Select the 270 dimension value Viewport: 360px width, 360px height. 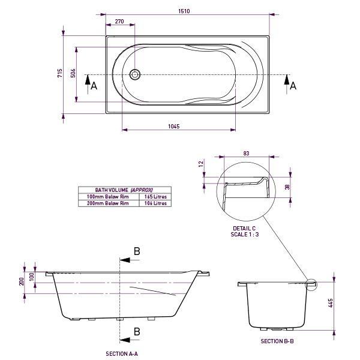(x=119, y=22)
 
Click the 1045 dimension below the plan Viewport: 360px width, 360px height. (x=174, y=127)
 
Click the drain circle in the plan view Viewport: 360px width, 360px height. (x=134, y=74)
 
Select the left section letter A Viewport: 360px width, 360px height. (x=94, y=86)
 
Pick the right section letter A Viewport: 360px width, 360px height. (x=293, y=86)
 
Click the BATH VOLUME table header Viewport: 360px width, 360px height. (x=124, y=190)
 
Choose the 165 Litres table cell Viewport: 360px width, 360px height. (x=155, y=196)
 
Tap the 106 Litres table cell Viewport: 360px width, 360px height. (x=155, y=203)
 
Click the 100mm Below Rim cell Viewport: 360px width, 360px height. (x=108, y=196)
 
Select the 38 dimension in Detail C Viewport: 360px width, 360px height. (x=287, y=187)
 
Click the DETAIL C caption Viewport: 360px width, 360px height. (x=244, y=229)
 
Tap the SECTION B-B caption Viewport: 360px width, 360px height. (x=277, y=341)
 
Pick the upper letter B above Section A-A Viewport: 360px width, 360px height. (x=137, y=251)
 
